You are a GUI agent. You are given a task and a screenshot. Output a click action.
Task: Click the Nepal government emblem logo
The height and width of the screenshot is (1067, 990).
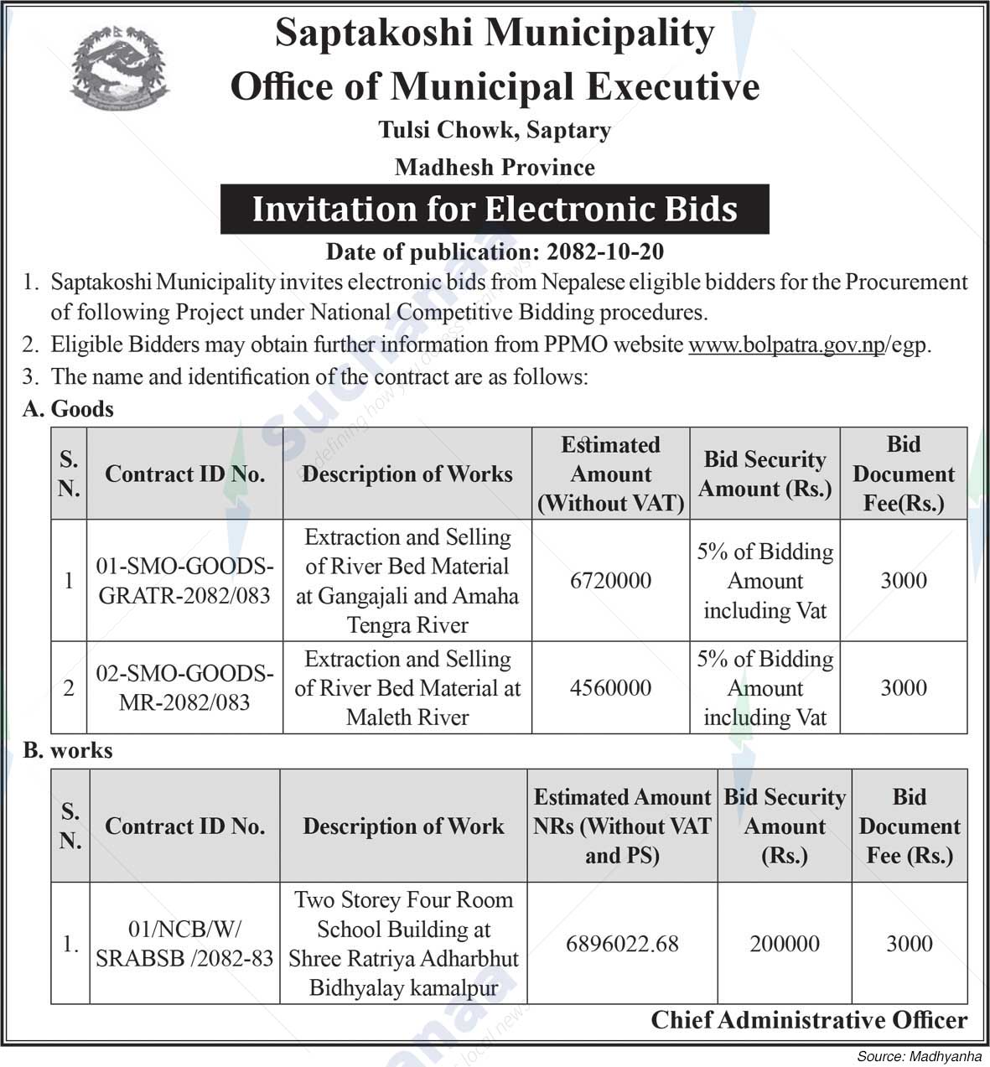119,70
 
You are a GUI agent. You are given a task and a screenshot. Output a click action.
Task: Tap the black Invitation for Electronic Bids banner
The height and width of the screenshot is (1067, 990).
495,209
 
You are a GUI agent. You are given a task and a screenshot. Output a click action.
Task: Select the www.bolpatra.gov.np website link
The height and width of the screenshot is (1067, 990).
786,344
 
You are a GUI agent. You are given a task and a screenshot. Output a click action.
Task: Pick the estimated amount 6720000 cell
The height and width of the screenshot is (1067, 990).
610,581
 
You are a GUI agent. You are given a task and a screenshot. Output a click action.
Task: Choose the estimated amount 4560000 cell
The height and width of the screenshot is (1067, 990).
610,688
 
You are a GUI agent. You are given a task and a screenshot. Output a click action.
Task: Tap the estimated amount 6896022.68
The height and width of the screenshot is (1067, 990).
622,944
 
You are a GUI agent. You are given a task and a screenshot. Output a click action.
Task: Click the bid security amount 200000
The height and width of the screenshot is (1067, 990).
785,944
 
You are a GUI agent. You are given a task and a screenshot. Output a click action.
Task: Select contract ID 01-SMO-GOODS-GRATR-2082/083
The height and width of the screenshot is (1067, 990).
184,581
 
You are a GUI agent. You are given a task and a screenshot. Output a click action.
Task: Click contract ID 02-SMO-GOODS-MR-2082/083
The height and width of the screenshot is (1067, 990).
184,688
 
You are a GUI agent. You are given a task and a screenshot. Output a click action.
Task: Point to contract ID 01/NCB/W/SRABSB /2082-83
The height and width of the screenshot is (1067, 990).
184,944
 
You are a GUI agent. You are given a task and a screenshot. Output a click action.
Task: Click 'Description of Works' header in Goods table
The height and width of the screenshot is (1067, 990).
407,474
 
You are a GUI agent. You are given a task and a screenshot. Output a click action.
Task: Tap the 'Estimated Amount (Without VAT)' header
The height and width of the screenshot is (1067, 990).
610,474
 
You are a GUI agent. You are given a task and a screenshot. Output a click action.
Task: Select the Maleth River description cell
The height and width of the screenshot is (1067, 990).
407,688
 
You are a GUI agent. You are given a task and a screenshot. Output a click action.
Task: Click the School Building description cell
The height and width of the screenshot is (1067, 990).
403,944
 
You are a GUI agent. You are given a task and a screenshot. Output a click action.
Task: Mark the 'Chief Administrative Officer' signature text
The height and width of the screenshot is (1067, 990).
809,1020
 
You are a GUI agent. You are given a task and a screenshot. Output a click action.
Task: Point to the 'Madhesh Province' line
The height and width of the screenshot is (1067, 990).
495,168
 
